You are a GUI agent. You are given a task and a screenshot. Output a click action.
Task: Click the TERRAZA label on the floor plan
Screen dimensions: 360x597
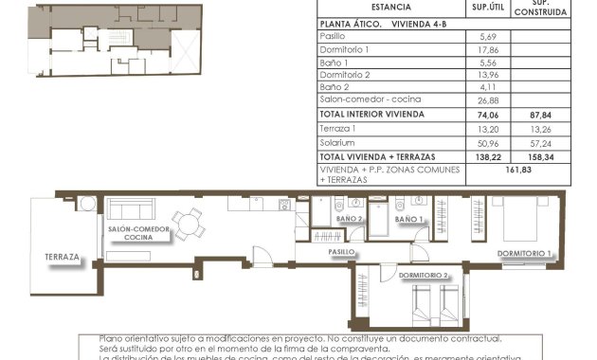61,257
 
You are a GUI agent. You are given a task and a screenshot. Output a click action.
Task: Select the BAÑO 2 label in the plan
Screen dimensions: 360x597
350,220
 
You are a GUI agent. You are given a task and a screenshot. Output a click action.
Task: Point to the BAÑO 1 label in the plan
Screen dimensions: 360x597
409,220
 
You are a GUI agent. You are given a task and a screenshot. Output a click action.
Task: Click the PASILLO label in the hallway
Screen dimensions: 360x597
342,253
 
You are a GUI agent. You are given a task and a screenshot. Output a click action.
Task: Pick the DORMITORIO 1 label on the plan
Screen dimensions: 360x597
524,253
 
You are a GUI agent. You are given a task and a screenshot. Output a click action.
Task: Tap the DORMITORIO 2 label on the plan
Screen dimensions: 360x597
423,276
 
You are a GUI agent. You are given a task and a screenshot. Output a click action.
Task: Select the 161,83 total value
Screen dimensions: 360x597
522,172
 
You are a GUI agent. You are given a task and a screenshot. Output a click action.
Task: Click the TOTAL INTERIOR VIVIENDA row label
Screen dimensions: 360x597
371,115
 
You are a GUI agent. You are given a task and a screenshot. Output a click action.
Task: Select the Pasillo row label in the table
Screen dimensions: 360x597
333,36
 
